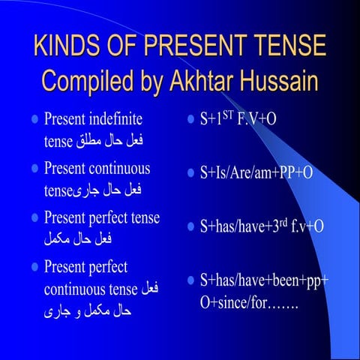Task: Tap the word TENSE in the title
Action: point(289,46)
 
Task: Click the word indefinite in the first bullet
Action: point(117,118)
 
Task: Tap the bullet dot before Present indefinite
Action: point(34,119)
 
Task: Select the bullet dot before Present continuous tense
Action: point(34,169)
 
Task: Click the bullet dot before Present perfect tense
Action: point(34,218)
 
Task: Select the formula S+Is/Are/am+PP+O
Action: point(256,173)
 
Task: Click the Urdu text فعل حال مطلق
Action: point(119,140)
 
